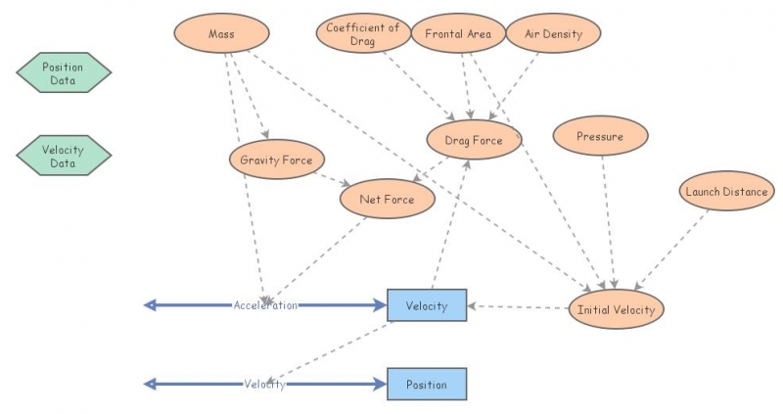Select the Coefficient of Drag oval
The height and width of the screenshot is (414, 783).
[363, 33]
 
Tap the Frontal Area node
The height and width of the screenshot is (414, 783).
[457, 34]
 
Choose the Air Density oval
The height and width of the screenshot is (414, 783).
[552, 34]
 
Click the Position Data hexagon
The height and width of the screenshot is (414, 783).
[64, 73]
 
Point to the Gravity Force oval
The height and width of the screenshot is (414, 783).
[275, 160]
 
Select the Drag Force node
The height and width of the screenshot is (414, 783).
[474, 141]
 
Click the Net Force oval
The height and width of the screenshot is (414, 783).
[387, 200]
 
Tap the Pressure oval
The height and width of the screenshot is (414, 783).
[600, 137]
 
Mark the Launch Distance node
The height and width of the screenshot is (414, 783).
[726, 192]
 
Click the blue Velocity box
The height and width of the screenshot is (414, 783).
[427, 305]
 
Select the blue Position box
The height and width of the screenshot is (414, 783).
[427, 385]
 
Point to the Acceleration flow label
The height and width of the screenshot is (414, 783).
[265, 305]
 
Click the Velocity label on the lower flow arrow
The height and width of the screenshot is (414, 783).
[264, 385]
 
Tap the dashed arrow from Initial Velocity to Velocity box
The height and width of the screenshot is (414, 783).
[519, 307]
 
